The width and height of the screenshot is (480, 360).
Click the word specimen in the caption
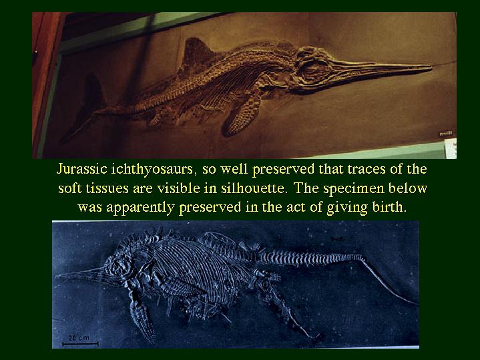click(353, 189)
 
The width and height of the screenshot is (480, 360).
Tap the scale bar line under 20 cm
click(80, 344)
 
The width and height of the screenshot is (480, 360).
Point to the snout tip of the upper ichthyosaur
click(431, 66)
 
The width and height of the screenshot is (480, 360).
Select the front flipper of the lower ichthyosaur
click(142, 319)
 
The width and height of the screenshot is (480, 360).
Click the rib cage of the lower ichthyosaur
click(196, 270)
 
